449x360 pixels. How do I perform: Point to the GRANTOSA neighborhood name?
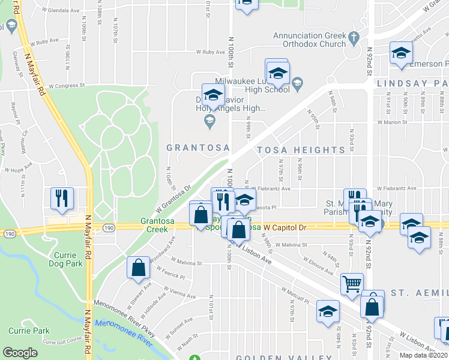point(190,147)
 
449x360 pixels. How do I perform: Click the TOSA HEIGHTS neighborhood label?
point(301,149)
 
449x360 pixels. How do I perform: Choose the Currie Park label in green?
point(29,331)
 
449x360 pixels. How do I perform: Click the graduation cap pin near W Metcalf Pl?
point(328,311)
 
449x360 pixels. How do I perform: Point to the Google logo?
point(20,353)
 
